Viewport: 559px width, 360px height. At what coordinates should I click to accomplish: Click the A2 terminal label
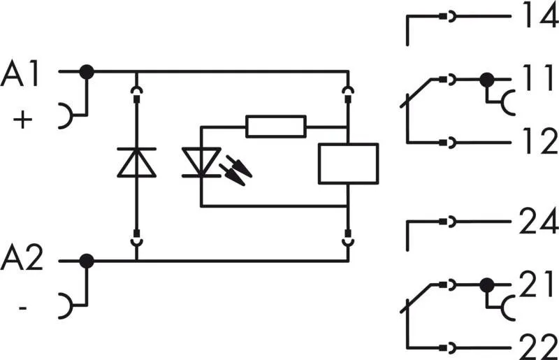click(24, 259)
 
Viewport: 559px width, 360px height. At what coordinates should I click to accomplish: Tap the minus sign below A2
click(24, 306)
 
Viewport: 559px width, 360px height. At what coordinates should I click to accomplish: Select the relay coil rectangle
click(347, 163)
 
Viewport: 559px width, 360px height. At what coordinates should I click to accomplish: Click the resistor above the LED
click(276, 127)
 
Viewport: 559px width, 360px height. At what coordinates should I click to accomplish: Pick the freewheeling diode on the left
click(136, 161)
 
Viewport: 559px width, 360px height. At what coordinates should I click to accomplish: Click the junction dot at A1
click(87, 71)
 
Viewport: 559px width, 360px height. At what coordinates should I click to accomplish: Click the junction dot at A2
click(87, 261)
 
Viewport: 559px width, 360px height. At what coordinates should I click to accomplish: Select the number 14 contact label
click(538, 15)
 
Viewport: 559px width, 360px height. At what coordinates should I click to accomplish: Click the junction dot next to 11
click(487, 80)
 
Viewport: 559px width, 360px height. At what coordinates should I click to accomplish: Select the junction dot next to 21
click(487, 285)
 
